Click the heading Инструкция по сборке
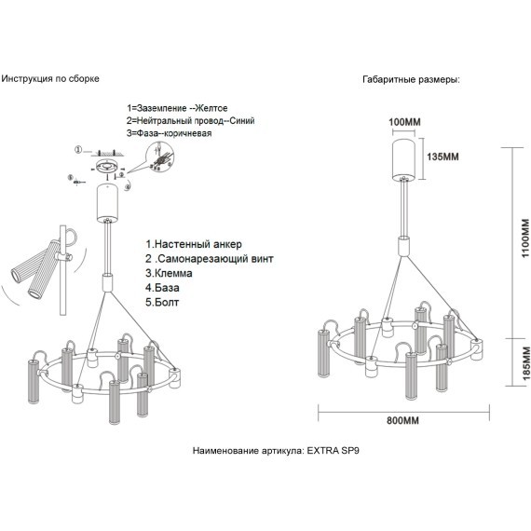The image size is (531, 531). click(x=50, y=79)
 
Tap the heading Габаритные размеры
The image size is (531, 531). click(x=411, y=80)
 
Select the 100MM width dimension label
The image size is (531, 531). click(x=404, y=122)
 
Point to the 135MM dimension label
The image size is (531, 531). click(x=442, y=157)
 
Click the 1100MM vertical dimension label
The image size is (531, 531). click(x=524, y=238)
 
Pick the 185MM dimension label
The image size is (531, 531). click(x=525, y=363)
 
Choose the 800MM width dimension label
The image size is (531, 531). click(x=402, y=420)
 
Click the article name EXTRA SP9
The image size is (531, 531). click(x=333, y=451)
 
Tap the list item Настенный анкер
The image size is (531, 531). click(x=194, y=244)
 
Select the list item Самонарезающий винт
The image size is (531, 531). click(x=210, y=259)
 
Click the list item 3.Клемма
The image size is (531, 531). click(x=169, y=273)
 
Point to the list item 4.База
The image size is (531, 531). click(x=162, y=288)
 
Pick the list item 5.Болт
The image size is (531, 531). click(x=162, y=303)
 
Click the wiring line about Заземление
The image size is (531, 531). click(x=177, y=108)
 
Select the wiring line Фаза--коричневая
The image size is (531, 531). click(x=169, y=133)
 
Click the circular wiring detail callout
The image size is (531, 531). click(x=160, y=157)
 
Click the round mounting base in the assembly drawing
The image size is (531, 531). click(x=106, y=167)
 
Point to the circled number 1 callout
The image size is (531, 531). click(x=78, y=150)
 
